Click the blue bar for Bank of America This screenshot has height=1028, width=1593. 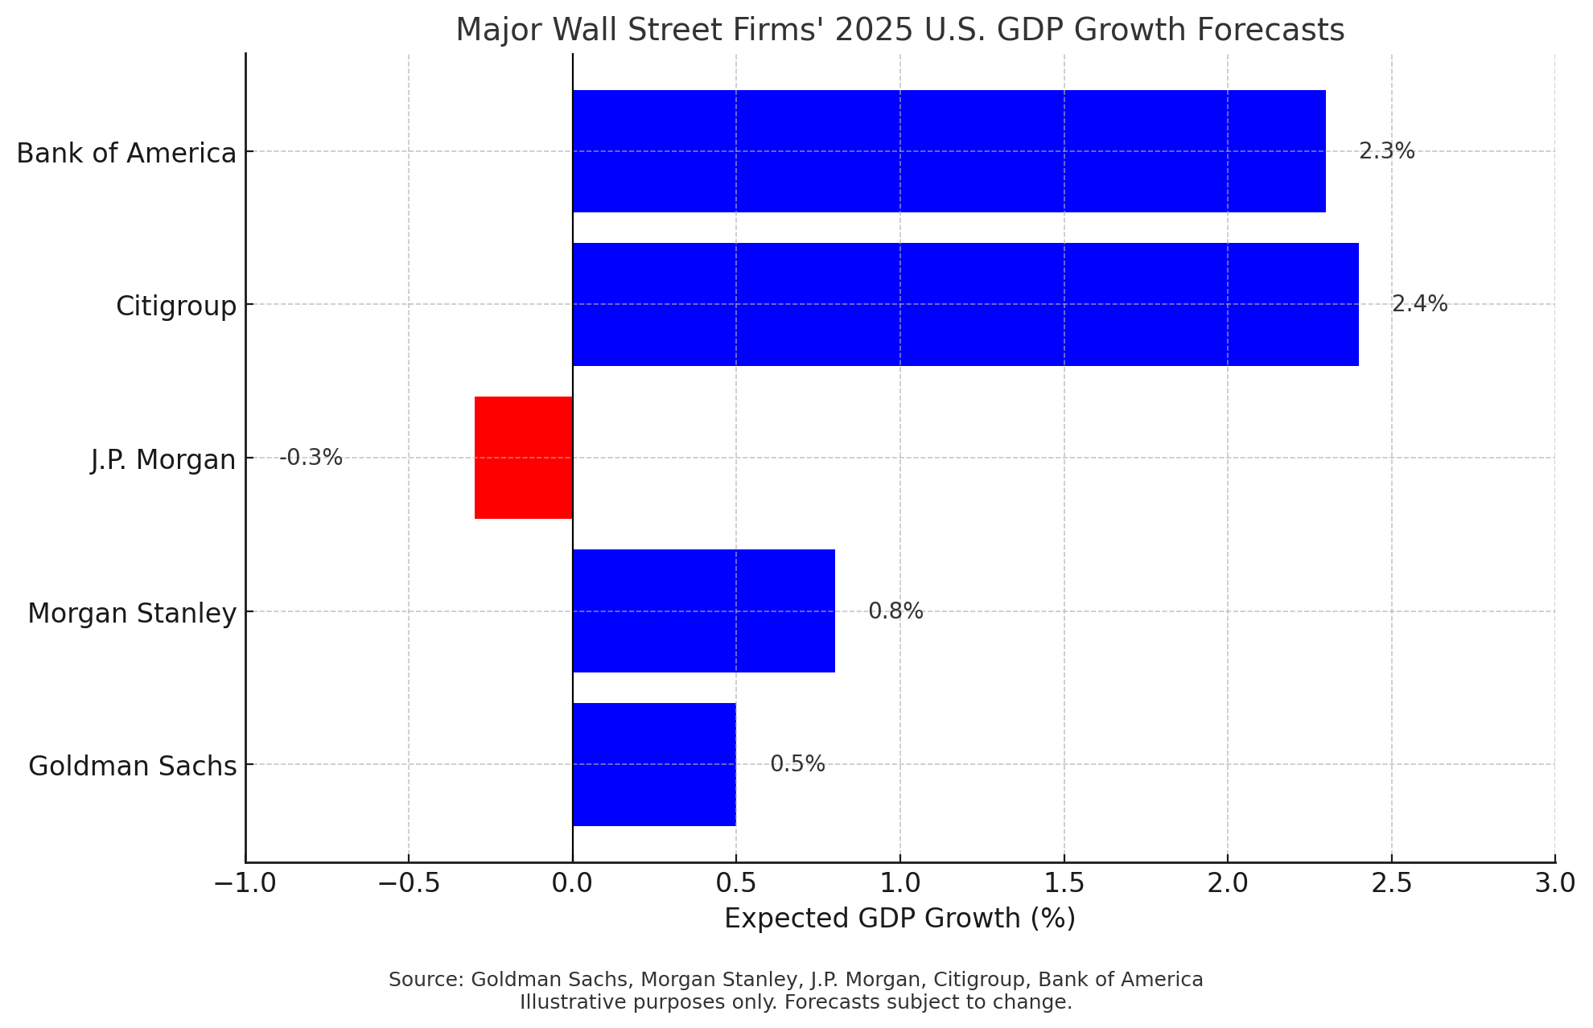pos(949,151)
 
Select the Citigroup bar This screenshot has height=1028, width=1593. pos(965,304)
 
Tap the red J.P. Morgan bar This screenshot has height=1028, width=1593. pos(524,458)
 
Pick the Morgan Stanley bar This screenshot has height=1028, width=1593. pos(704,611)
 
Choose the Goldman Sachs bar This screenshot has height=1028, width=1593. pos(654,764)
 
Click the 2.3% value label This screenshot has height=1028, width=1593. pos(1386,151)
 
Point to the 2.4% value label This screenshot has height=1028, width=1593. pos(1419,304)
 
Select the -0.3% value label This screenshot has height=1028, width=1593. pos(311,458)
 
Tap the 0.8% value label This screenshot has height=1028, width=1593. pos(895,611)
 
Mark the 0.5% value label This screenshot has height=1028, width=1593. pos(797,764)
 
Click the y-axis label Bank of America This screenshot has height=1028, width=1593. pos(126,153)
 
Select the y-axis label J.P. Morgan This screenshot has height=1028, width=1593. pos(163,459)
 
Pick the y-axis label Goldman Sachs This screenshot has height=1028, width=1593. pos(133,766)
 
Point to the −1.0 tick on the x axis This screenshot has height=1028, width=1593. pos(245,882)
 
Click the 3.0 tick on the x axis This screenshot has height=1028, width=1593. pos(1554,882)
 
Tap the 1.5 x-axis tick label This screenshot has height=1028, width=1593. pos(1064,882)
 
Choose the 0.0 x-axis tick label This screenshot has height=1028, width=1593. pos(572,882)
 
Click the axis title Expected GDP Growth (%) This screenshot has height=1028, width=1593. pos(899,918)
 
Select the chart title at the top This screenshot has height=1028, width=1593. pos(899,30)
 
